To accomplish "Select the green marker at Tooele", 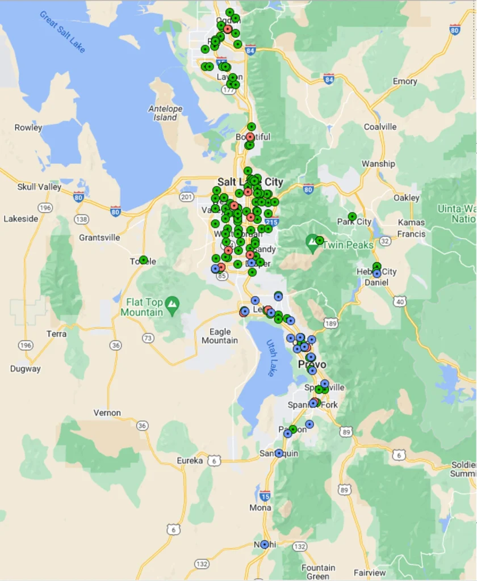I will [x=144, y=260].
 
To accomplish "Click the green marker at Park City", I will [x=352, y=216].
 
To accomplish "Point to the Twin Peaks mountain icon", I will [x=312, y=244].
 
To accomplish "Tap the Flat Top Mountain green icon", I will [x=172, y=306].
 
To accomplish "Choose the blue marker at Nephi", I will [x=265, y=544].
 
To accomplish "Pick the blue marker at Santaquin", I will [x=279, y=453].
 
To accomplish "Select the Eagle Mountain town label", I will [x=220, y=336].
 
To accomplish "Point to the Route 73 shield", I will [x=148, y=338].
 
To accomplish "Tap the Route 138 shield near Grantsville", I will [x=82, y=219].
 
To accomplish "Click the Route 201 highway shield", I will [x=187, y=197].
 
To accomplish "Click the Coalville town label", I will [x=380, y=127].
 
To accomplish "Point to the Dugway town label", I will [x=26, y=369].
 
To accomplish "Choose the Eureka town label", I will [x=190, y=461].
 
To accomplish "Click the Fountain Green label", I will [x=318, y=572].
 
